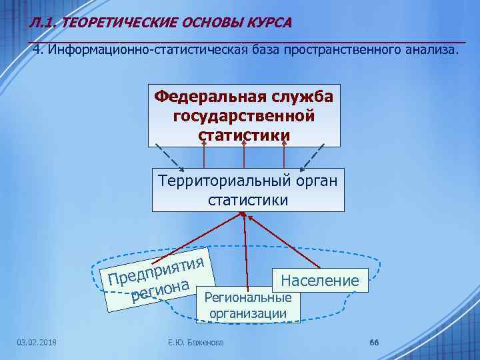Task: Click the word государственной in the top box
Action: tap(244, 116)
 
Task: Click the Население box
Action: tap(320, 280)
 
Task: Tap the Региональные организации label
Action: tap(248, 305)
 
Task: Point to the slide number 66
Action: tap(373, 343)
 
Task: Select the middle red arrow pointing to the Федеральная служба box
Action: tap(245, 158)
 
